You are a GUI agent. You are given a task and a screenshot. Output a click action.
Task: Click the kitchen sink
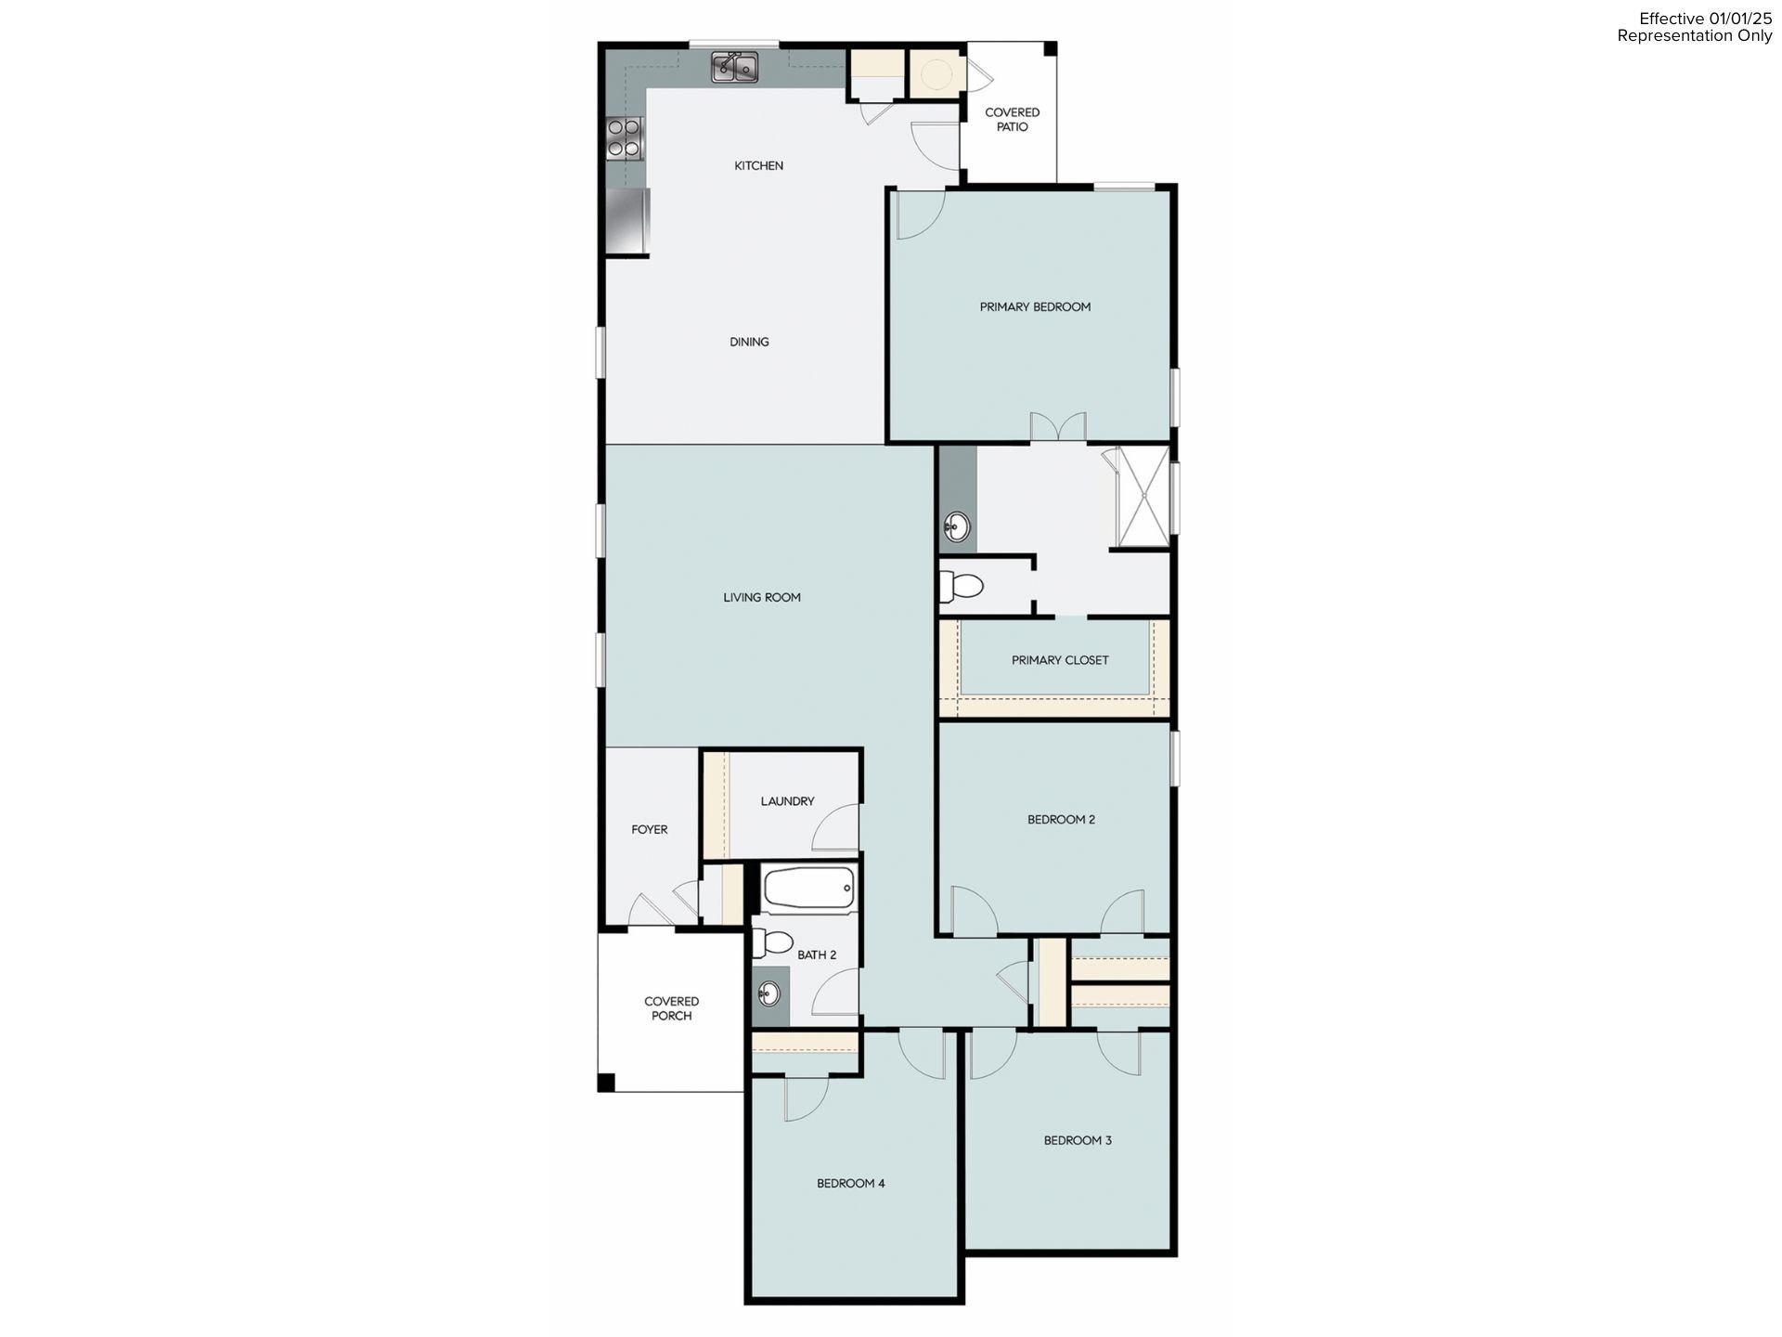click(735, 68)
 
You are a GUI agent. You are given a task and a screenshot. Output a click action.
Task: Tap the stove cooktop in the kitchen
click(625, 137)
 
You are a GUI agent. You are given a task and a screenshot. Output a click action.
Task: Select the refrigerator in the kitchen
click(627, 220)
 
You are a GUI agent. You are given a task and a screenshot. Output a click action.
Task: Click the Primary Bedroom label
click(1035, 307)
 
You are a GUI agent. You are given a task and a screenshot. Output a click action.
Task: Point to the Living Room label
click(762, 598)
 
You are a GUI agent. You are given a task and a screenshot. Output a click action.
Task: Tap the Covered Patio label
click(1012, 120)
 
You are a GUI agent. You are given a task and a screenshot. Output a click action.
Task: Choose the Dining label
click(749, 342)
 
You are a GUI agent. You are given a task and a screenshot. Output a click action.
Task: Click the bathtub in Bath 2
click(808, 889)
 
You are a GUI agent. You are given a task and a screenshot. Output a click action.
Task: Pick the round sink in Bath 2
click(768, 995)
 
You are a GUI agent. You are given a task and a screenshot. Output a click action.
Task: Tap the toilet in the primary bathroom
click(963, 587)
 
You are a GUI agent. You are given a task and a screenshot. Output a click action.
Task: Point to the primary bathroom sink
click(955, 529)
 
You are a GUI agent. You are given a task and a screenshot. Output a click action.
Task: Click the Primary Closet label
click(1060, 661)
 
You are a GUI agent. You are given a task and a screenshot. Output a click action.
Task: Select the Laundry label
click(787, 801)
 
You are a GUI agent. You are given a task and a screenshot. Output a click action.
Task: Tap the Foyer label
click(650, 830)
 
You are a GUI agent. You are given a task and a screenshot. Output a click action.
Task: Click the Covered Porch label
click(671, 1008)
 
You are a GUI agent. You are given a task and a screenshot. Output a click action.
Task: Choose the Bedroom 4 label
click(850, 1184)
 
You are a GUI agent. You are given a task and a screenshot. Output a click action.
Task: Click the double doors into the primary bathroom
click(1058, 427)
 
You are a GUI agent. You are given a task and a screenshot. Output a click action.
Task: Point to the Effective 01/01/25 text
click(1705, 19)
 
